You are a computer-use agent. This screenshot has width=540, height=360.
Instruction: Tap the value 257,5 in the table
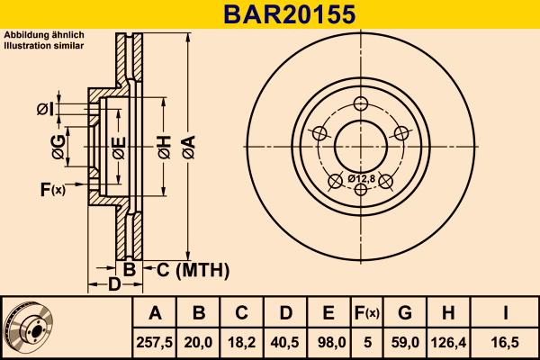(155, 341)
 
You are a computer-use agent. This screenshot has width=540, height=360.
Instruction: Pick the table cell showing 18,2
(242, 341)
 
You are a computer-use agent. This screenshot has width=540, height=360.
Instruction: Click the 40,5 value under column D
(285, 341)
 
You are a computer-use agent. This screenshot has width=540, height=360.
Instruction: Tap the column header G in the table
(405, 313)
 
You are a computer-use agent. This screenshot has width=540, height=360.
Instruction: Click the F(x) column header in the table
(367, 313)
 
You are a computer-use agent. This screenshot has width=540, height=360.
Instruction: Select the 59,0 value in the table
(405, 341)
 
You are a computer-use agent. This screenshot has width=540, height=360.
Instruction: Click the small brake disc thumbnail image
(29, 328)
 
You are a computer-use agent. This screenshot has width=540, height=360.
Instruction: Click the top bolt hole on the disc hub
(364, 102)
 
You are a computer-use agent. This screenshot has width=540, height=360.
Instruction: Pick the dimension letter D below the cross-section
(114, 285)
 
